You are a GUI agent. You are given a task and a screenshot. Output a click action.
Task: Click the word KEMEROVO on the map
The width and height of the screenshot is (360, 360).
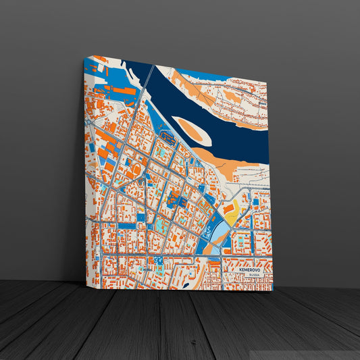245,269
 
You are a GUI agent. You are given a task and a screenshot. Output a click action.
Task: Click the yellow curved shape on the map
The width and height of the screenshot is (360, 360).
231,215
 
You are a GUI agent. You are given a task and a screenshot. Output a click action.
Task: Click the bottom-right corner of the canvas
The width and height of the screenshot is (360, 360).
273,290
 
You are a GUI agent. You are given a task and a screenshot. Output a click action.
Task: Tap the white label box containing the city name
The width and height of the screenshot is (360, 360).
247,272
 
